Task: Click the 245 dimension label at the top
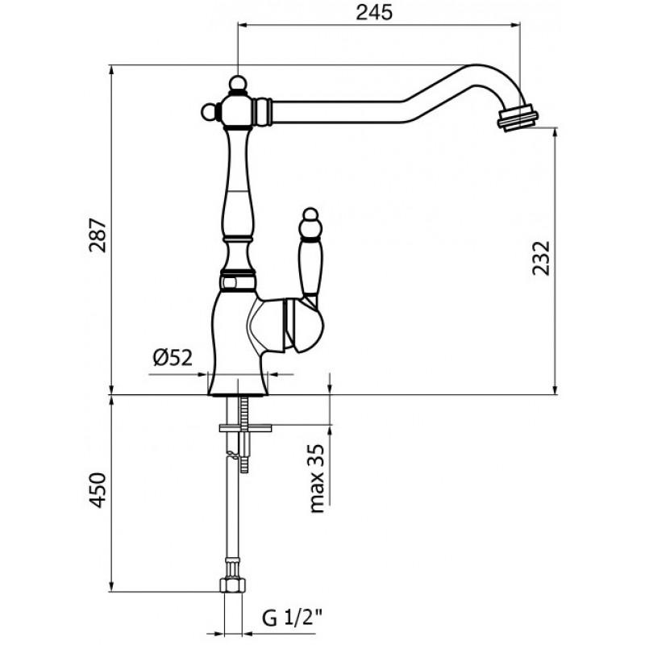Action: (x=374, y=13)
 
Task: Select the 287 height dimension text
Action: (x=98, y=235)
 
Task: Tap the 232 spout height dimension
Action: (x=540, y=258)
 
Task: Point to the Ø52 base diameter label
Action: (x=173, y=357)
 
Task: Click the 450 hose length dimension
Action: (x=98, y=490)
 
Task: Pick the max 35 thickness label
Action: (x=317, y=478)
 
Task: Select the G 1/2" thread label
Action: (x=292, y=617)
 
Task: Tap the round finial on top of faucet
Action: (x=236, y=84)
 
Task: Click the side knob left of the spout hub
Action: (x=209, y=111)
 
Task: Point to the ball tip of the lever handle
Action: (x=310, y=217)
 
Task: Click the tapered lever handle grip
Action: (x=310, y=268)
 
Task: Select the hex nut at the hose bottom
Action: (x=233, y=585)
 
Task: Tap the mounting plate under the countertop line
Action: (x=246, y=428)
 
